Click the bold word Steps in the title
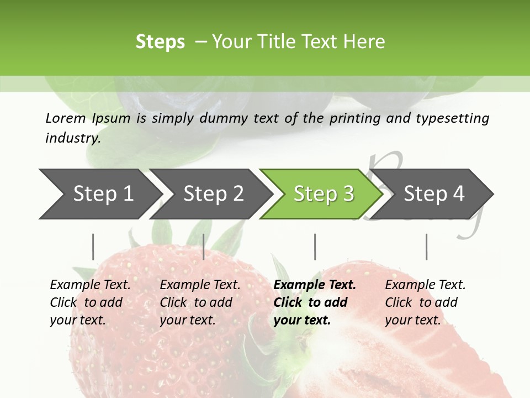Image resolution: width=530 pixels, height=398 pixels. [160, 42]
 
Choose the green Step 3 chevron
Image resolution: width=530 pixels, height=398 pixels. [324, 193]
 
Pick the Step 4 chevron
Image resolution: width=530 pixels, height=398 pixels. [434, 193]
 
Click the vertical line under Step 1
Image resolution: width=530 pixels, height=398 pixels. [93, 247]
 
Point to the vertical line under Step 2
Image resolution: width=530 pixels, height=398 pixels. [204, 247]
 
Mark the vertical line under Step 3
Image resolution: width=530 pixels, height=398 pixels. [315, 247]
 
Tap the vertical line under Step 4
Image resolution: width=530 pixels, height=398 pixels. [426, 247]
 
